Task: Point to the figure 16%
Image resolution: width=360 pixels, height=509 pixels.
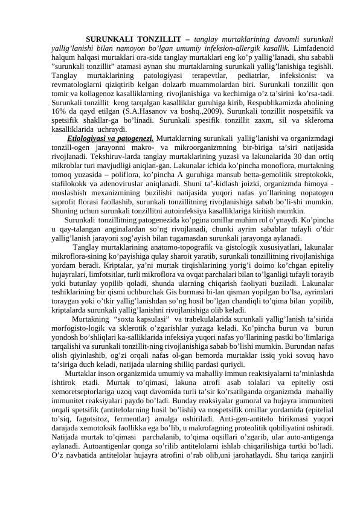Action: coord(59,111)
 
